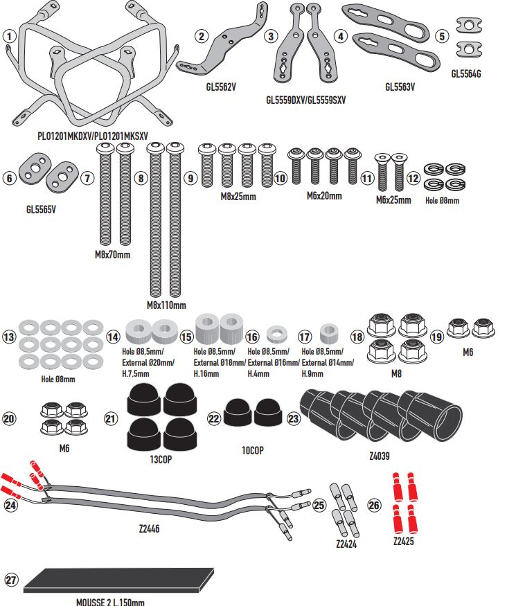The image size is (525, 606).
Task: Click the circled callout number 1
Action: (8, 35)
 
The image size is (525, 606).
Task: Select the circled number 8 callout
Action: (141, 178)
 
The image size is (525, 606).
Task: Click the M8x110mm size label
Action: (166, 305)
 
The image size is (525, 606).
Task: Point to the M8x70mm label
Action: (112, 255)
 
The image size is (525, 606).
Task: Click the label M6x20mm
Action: (324, 196)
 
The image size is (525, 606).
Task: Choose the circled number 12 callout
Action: (413, 178)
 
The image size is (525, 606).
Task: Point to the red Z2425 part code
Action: (402, 542)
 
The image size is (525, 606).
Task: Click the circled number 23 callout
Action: (293, 418)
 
